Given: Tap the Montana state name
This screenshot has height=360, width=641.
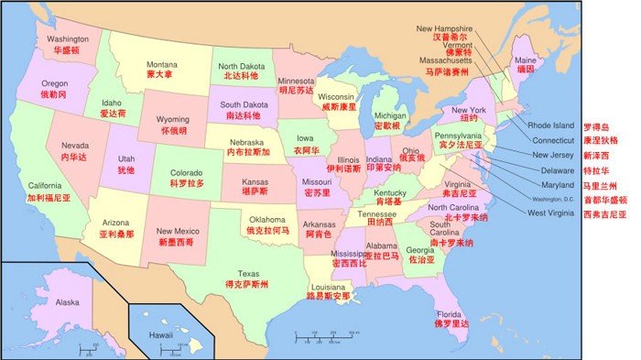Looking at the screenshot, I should [x=162, y=64].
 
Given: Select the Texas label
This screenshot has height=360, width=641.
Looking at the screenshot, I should [x=248, y=273].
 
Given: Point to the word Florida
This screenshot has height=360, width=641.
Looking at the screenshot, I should [x=451, y=313].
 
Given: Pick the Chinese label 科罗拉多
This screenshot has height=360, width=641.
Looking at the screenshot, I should [x=187, y=183].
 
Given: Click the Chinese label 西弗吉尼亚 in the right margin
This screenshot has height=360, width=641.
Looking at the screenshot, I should [x=604, y=213].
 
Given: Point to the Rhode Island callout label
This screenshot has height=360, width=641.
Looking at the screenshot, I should [x=550, y=125].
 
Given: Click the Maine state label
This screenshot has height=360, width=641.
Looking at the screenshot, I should [x=527, y=60].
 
